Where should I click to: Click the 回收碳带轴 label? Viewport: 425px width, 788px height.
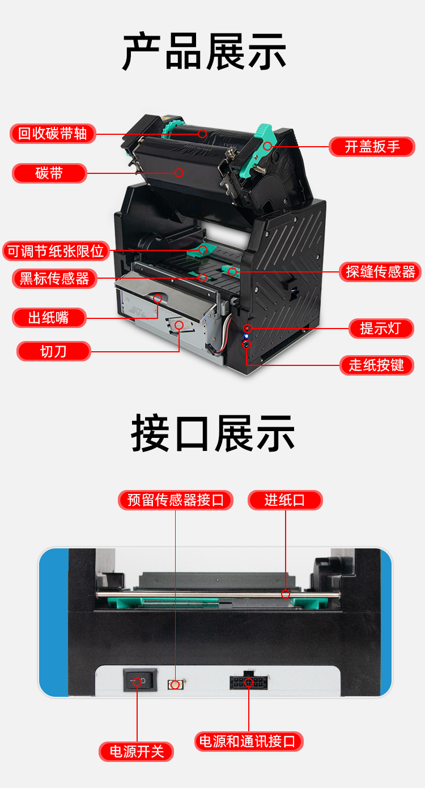pos(53,134)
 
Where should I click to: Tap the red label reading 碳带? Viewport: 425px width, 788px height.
pos(49,173)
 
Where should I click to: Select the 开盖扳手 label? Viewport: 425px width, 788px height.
pos(372,147)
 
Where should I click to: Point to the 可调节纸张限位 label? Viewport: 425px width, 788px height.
pos(56,251)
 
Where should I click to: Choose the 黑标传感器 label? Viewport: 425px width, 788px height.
pos(54,279)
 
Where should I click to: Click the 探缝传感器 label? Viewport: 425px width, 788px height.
pos(380,272)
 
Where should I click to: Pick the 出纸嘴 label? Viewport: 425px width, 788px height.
pos(49,318)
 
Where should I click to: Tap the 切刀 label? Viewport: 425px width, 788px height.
pos(53,351)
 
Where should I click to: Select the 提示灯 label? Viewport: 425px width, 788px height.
pos(381,329)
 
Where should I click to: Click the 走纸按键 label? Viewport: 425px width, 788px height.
pos(376,365)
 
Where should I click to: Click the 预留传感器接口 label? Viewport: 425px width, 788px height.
pos(176,500)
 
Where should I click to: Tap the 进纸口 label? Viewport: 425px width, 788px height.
pos(285,500)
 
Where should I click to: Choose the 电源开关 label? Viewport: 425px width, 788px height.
pos(137,752)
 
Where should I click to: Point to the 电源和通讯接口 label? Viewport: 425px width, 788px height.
pos(249,742)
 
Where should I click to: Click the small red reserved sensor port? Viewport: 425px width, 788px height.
pos(175,684)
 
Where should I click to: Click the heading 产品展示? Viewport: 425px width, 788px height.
pos(205,52)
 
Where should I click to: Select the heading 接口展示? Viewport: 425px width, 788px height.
pos(212,433)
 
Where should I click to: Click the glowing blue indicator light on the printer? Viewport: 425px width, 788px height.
pos(246,337)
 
